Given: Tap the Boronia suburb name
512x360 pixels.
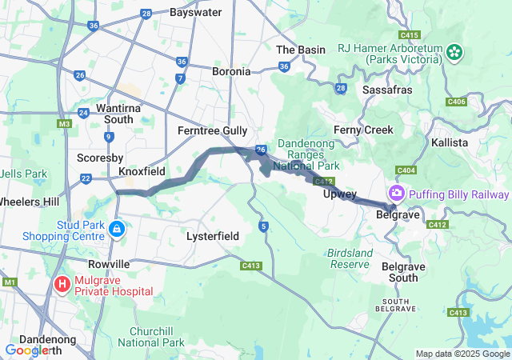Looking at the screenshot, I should [x=231, y=71].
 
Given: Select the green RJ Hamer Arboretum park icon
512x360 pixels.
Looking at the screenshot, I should [x=455, y=52].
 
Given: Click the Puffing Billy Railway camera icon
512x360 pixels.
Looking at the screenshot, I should [x=396, y=194].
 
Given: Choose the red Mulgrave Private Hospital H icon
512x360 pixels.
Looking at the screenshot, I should [x=62, y=284].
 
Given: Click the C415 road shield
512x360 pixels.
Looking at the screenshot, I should [x=410, y=35].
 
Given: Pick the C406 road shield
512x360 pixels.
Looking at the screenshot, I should [x=457, y=102].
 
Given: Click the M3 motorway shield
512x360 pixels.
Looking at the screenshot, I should [x=64, y=124].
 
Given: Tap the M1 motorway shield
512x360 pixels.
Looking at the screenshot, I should [x=10, y=282].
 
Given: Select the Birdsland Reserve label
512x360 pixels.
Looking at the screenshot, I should [x=350, y=258].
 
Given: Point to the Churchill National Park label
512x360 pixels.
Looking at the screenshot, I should [x=151, y=337].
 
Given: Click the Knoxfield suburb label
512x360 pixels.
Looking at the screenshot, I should [x=142, y=172].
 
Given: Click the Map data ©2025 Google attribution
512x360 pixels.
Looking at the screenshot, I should [x=462, y=354].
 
